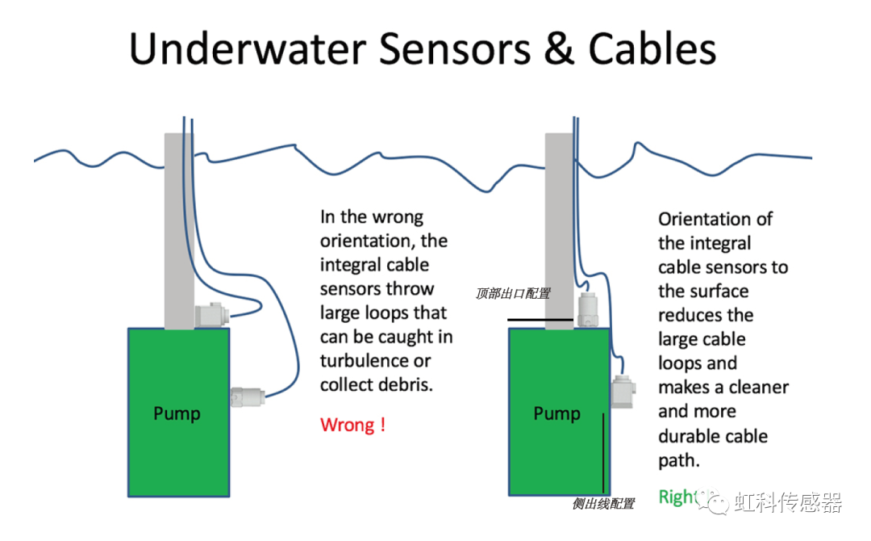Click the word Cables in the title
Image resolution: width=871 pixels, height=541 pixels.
pyautogui.click(x=652, y=50)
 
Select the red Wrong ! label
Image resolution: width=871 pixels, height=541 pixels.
pyautogui.click(x=352, y=425)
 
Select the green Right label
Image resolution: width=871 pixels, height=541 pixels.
pyautogui.click(x=676, y=497)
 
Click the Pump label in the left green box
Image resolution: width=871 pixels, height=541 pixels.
pyautogui.click(x=177, y=413)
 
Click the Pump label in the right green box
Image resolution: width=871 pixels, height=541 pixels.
pyautogui.click(x=556, y=413)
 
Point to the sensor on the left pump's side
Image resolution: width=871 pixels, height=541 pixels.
pyautogui.click(x=248, y=397)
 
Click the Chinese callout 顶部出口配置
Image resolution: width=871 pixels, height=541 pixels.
pyautogui.click(x=513, y=293)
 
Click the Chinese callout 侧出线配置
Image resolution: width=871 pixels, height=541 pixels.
pyautogui.click(x=602, y=504)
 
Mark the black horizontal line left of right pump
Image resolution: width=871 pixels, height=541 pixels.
pyautogui.click(x=540, y=321)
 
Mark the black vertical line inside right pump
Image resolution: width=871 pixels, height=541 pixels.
pyautogui.click(x=603, y=451)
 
